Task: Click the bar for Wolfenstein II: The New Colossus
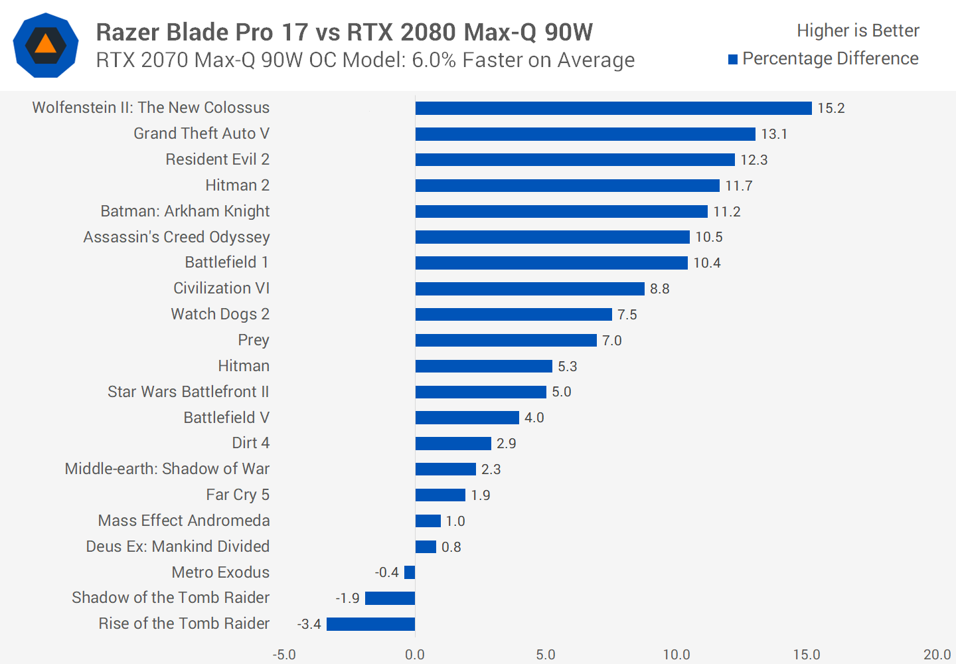click(613, 108)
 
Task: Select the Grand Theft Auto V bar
click(585, 134)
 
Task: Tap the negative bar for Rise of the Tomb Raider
click(370, 624)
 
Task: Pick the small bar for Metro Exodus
click(410, 572)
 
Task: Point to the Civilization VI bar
click(530, 289)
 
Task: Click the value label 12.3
click(754, 160)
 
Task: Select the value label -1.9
click(347, 598)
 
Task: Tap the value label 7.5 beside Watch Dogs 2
click(627, 315)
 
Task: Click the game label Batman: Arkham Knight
click(185, 211)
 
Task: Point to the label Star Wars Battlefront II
click(189, 392)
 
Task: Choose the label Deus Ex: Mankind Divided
click(178, 546)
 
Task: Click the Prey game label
click(254, 340)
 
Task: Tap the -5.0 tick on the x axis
click(284, 655)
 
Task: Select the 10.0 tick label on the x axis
click(676, 655)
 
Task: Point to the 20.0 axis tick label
click(937, 655)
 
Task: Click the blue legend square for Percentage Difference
click(733, 60)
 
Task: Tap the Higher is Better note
click(858, 31)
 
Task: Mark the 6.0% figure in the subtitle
click(434, 60)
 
